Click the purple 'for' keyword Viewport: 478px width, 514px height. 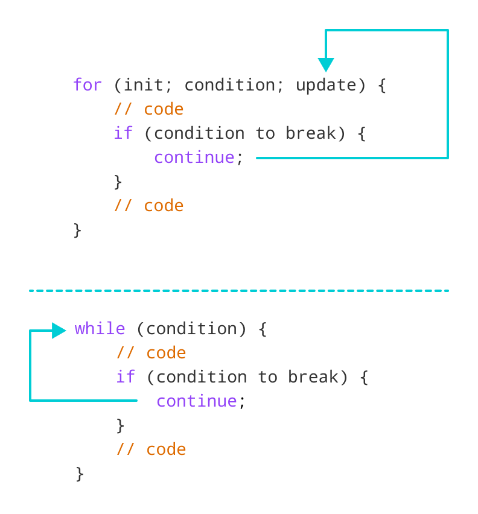pos(88,85)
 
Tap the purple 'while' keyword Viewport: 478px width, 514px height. pos(100,329)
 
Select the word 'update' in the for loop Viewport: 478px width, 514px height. pos(325,85)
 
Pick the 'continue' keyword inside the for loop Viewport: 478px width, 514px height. pos(194,157)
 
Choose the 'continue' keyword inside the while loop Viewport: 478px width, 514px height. pos(197,401)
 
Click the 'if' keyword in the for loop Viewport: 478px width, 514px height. pos(123,133)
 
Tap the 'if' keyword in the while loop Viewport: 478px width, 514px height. pos(126,377)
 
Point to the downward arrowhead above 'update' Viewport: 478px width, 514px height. pos(326,65)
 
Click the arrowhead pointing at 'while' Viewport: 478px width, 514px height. pos(59,330)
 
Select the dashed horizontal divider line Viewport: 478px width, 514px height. pos(239,291)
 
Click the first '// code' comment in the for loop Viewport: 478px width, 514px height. pos(148,109)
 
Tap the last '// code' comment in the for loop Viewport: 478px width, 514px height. pos(148,206)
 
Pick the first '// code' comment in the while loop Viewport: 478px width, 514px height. pos(151,353)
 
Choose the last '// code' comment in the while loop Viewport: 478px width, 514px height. pos(151,449)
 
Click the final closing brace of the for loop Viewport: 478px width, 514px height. pos(77,230)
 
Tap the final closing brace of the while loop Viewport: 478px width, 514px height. pos(80,474)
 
